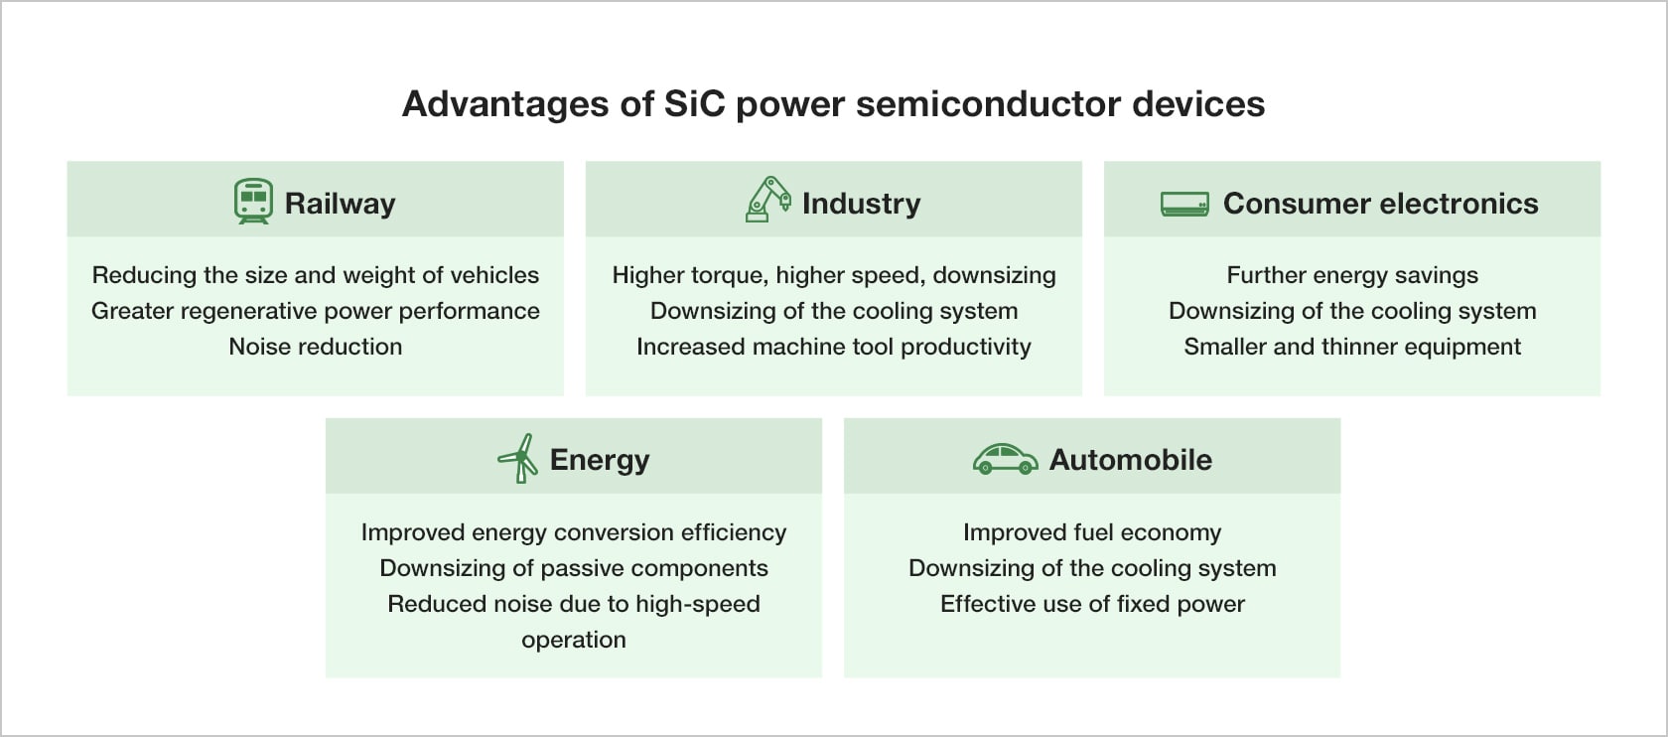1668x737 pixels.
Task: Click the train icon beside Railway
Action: coord(253,202)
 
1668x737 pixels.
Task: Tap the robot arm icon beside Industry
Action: coord(767,200)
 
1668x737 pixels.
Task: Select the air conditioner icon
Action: coord(1184,205)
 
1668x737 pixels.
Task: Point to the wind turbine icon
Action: coord(518,458)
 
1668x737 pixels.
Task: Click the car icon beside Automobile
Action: coord(1005,459)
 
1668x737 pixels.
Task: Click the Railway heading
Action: coord(340,205)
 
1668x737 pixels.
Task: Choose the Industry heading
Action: coord(862,204)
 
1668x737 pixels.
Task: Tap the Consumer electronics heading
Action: coord(1380,204)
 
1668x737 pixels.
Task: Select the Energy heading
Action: coord(600,461)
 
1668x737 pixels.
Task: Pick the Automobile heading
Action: coord(1130,460)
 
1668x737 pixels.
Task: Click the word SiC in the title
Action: coord(694,103)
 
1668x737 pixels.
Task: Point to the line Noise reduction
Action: coord(315,347)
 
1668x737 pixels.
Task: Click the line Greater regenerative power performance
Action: coord(315,312)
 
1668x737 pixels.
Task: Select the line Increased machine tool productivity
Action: coord(834,348)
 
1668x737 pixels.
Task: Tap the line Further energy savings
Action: coord(1352,276)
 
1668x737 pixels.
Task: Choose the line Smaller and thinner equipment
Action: coord(1352,348)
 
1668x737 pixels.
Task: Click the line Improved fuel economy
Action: coord(1092,532)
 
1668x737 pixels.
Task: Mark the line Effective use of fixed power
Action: coord(1092,604)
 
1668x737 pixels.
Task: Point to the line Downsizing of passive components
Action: coord(574,568)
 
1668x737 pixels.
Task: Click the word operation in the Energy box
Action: coord(574,640)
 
